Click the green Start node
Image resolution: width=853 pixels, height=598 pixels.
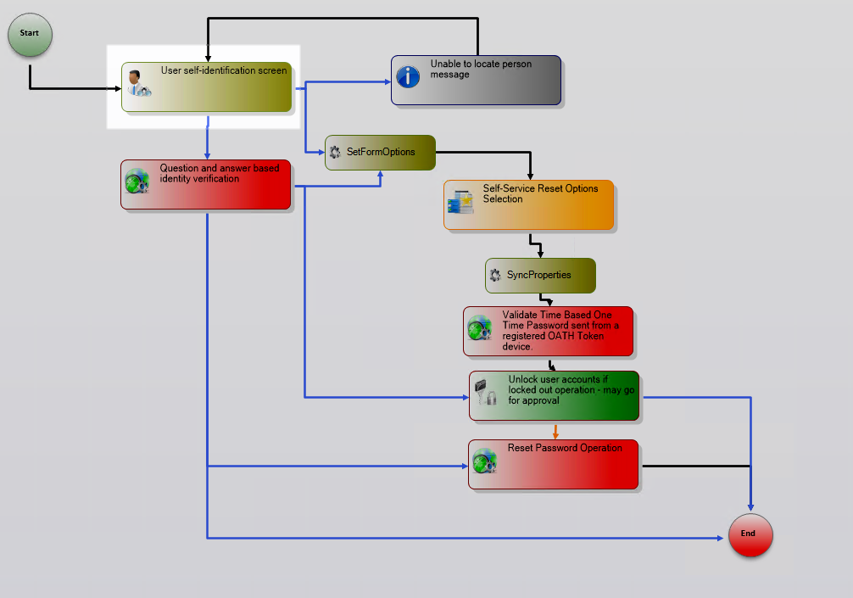tap(30, 35)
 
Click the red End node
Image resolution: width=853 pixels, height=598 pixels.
tap(750, 535)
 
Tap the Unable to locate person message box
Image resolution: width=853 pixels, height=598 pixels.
tap(476, 81)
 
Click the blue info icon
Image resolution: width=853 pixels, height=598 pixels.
tap(409, 76)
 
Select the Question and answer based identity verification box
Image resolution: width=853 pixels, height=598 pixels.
tap(205, 184)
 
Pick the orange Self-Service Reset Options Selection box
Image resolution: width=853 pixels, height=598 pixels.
tap(528, 204)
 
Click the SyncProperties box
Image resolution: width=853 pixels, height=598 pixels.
tap(540, 276)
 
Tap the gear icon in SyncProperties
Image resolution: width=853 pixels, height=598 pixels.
tap(495, 276)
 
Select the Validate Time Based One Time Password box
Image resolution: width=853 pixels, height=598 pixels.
tap(549, 331)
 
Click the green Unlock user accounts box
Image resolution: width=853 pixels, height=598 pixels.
tap(554, 395)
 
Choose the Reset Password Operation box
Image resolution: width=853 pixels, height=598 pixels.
tap(553, 464)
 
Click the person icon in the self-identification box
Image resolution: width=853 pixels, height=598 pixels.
tap(136, 83)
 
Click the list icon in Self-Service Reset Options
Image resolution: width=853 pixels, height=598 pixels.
tap(460, 202)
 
